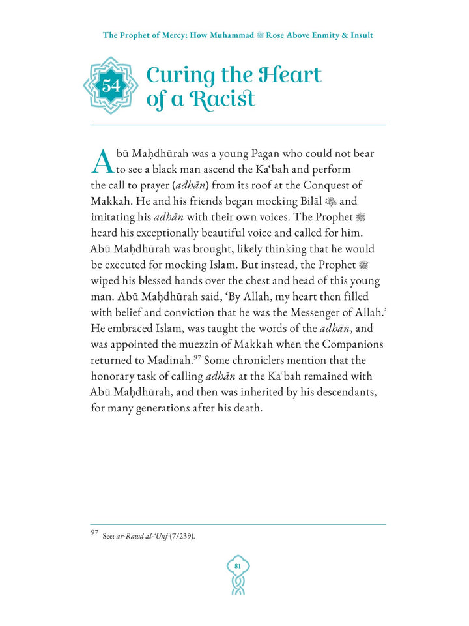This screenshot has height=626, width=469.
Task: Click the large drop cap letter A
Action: [x=104, y=162]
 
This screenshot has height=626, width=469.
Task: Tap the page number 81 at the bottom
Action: [x=238, y=565]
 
